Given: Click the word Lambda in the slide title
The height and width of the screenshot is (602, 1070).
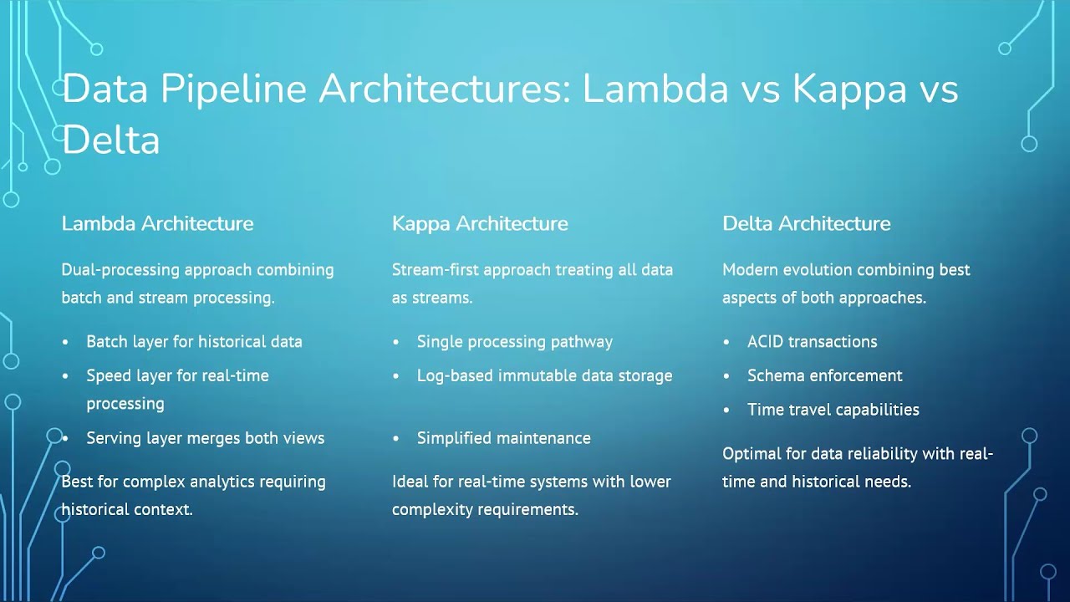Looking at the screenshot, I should click(655, 89).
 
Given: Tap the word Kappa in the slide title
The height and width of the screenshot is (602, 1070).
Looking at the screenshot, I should click(849, 89).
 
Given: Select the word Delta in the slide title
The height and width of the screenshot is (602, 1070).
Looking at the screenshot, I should click(110, 140).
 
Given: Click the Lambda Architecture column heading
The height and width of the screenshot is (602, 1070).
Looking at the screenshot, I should click(157, 223).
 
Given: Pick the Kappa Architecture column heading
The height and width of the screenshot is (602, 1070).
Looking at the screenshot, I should click(480, 223).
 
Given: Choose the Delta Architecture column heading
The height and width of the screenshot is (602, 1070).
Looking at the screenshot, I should click(807, 223).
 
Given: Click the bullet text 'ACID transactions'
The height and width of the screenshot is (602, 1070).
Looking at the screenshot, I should click(812, 341).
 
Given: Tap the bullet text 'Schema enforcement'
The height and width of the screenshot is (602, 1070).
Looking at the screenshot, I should click(824, 375).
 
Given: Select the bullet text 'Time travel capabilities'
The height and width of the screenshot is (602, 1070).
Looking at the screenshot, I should click(833, 410).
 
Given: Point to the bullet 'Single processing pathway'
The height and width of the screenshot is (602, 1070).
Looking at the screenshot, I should click(514, 341).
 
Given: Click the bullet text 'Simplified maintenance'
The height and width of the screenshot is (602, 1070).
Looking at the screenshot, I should click(503, 438).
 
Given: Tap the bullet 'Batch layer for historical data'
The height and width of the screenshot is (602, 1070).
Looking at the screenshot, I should click(194, 341).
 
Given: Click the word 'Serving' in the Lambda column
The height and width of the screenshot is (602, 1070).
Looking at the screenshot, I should click(114, 438).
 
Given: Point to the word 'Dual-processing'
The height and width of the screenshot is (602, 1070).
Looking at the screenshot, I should click(120, 270).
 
